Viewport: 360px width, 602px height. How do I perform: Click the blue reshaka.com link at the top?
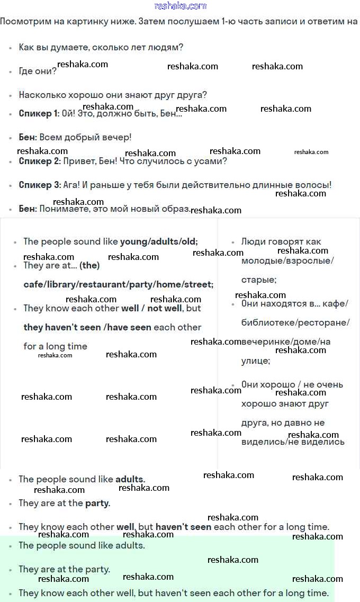[x=180, y=6]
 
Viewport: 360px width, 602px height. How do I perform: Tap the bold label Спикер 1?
[x=39, y=114]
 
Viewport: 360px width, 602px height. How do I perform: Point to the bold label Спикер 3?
[x=40, y=185]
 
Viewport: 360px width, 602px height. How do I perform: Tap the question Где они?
[x=37, y=71]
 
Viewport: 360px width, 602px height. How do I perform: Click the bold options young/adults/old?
[x=159, y=242]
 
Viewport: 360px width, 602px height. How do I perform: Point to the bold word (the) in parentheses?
[x=89, y=266]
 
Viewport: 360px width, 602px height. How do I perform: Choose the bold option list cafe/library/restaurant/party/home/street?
[x=119, y=285]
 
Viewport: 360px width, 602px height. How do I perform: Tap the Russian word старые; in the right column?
[x=259, y=280]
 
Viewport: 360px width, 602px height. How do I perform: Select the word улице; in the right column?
[x=256, y=361]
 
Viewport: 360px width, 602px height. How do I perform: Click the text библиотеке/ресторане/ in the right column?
[x=295, y=323]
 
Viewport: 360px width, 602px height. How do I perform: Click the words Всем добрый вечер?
[x=85, y=138]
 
